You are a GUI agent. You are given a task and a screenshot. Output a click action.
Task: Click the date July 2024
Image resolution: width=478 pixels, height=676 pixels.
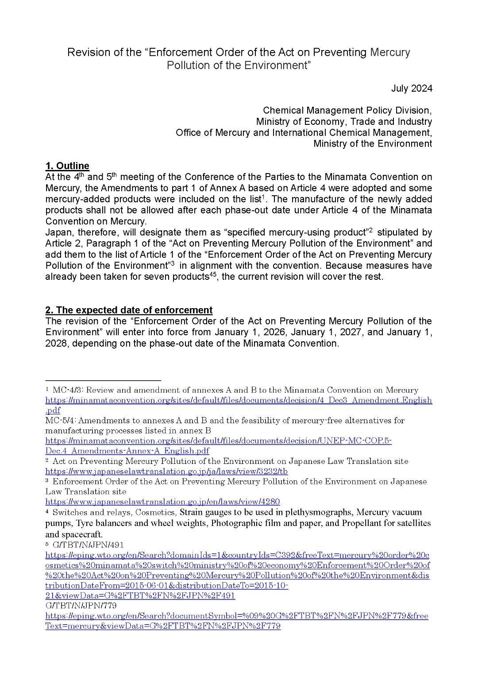412,88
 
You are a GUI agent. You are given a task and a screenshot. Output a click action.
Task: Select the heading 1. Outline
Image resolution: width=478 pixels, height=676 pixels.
67,166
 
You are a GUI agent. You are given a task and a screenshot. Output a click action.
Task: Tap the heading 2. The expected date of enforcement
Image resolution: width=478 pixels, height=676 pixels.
129,310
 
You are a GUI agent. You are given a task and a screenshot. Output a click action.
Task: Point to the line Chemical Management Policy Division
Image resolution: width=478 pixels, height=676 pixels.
347,110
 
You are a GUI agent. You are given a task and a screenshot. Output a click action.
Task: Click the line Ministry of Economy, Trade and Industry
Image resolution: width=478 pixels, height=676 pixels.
344,121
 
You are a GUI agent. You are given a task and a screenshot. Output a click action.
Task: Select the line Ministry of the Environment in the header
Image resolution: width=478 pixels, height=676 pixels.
373,143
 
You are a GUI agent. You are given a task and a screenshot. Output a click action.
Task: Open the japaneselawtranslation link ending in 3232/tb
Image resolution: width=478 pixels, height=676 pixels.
166,471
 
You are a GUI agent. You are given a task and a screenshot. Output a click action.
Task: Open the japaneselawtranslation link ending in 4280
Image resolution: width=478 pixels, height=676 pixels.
162,502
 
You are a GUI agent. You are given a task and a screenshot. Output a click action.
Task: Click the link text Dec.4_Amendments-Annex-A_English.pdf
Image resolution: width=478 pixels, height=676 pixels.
127,451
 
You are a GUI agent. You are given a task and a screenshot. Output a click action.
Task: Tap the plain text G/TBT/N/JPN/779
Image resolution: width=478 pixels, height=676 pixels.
81,605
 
